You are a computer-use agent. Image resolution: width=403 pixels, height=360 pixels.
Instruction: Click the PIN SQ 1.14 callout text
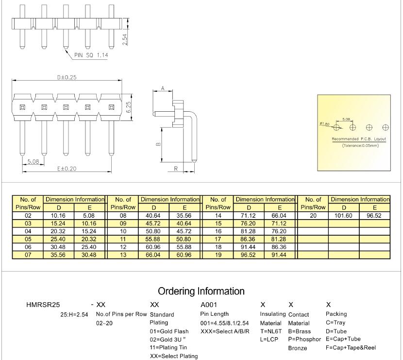[91, 55]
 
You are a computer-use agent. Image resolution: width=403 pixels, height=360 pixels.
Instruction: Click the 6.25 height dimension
[128, 107]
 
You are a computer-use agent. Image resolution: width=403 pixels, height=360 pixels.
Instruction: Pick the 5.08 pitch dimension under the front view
[33, 161]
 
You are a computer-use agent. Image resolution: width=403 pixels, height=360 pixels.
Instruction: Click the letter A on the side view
[163, 88]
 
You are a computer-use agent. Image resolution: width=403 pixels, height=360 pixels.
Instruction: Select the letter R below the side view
[175, 168]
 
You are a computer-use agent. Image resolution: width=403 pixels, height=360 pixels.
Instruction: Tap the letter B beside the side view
[158, 144]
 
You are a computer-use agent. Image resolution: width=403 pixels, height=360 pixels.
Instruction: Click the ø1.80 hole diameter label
[324, 124]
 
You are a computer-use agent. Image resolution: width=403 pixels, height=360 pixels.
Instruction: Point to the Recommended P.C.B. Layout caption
[358, 139]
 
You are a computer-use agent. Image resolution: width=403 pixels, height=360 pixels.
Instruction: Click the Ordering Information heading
[201, 291]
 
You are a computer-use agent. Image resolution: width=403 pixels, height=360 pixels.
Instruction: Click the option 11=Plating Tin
[168, 347]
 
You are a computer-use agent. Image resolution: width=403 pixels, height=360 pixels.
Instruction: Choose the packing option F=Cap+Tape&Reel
[351, 347]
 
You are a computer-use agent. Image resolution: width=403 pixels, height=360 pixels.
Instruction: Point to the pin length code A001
[209, 305]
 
